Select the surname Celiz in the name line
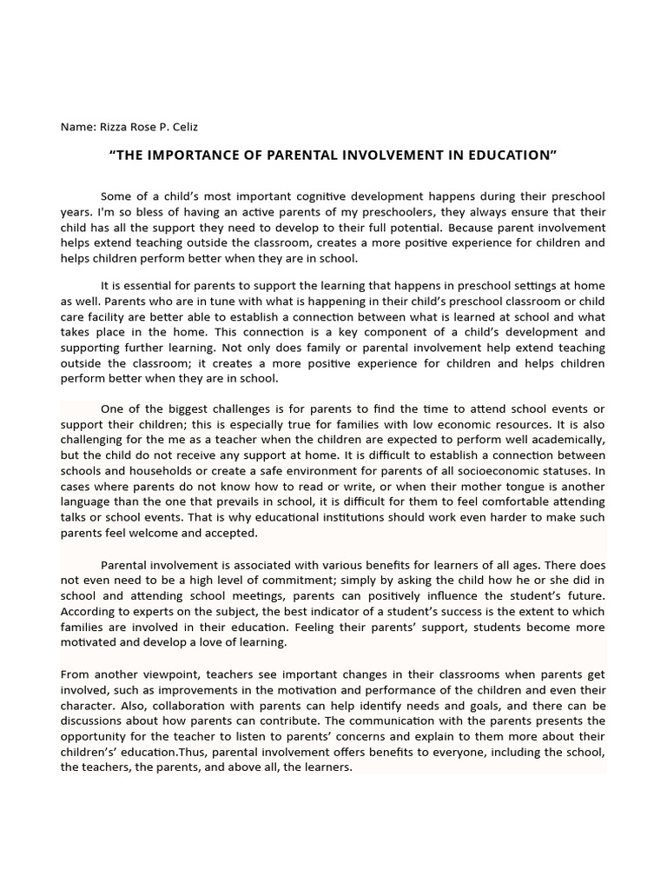pyautogui.click(x=183, y=127)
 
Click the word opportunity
pyautogui.click(x=94, y=737)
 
